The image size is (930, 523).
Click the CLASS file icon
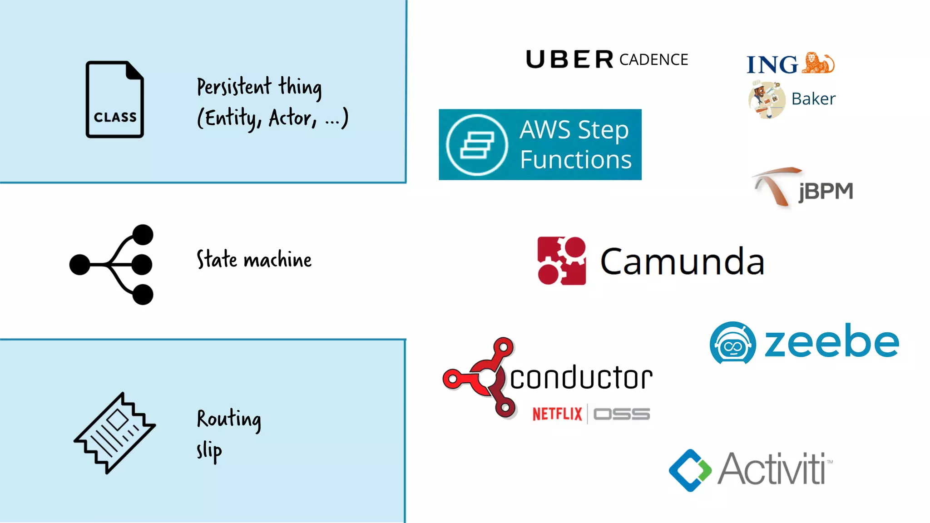(115, 99)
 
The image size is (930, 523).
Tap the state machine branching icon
(112, 264)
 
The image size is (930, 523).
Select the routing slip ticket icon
(114, 433)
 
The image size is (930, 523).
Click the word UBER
(569, 59)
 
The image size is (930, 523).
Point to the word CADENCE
(653, 60)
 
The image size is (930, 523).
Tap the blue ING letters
(772, 65)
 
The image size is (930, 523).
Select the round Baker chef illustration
(767, 100)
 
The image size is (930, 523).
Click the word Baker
(813, 99)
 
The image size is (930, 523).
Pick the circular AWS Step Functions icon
(477, 145)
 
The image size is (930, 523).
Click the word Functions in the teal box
(576, 160)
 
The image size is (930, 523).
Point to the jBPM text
(826, 191)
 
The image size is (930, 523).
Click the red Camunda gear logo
(562, 261)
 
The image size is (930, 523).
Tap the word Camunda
(682, 262)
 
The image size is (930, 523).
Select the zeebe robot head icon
(732, 343)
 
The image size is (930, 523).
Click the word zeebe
(831, 341)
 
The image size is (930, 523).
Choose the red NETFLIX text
(557, 414)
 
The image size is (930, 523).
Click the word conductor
(581, 378)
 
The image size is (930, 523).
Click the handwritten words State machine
(254, 260)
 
